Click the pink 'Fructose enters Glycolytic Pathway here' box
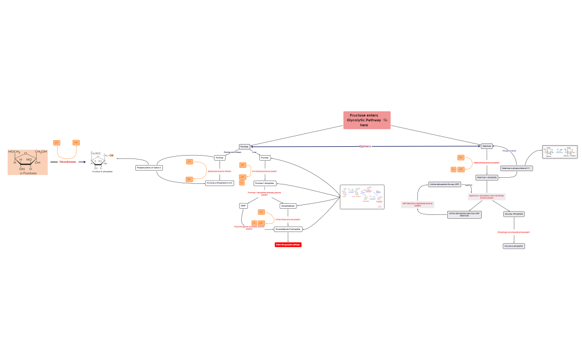point(366,120)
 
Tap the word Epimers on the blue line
point(365,146)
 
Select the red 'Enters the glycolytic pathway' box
point(288,244)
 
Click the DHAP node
point(243,205)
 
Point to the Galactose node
point(487,146)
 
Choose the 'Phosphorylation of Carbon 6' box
point(149,167)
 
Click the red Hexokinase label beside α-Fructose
point(68,162)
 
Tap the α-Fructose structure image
point(28,161)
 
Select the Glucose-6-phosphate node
point(514,245)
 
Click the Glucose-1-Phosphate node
point(514,214)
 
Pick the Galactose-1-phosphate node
point(487,177)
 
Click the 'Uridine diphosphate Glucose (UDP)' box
point(445,184)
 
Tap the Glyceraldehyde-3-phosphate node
point(288,229)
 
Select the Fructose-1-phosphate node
point(264,183)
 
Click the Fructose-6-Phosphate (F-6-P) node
point(219,182)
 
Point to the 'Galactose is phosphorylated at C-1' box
point(516,168)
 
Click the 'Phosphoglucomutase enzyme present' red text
point(513,232)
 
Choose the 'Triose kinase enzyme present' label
point(288,219)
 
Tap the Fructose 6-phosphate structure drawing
point(102,161)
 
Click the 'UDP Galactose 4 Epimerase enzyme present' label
point(418,204)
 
